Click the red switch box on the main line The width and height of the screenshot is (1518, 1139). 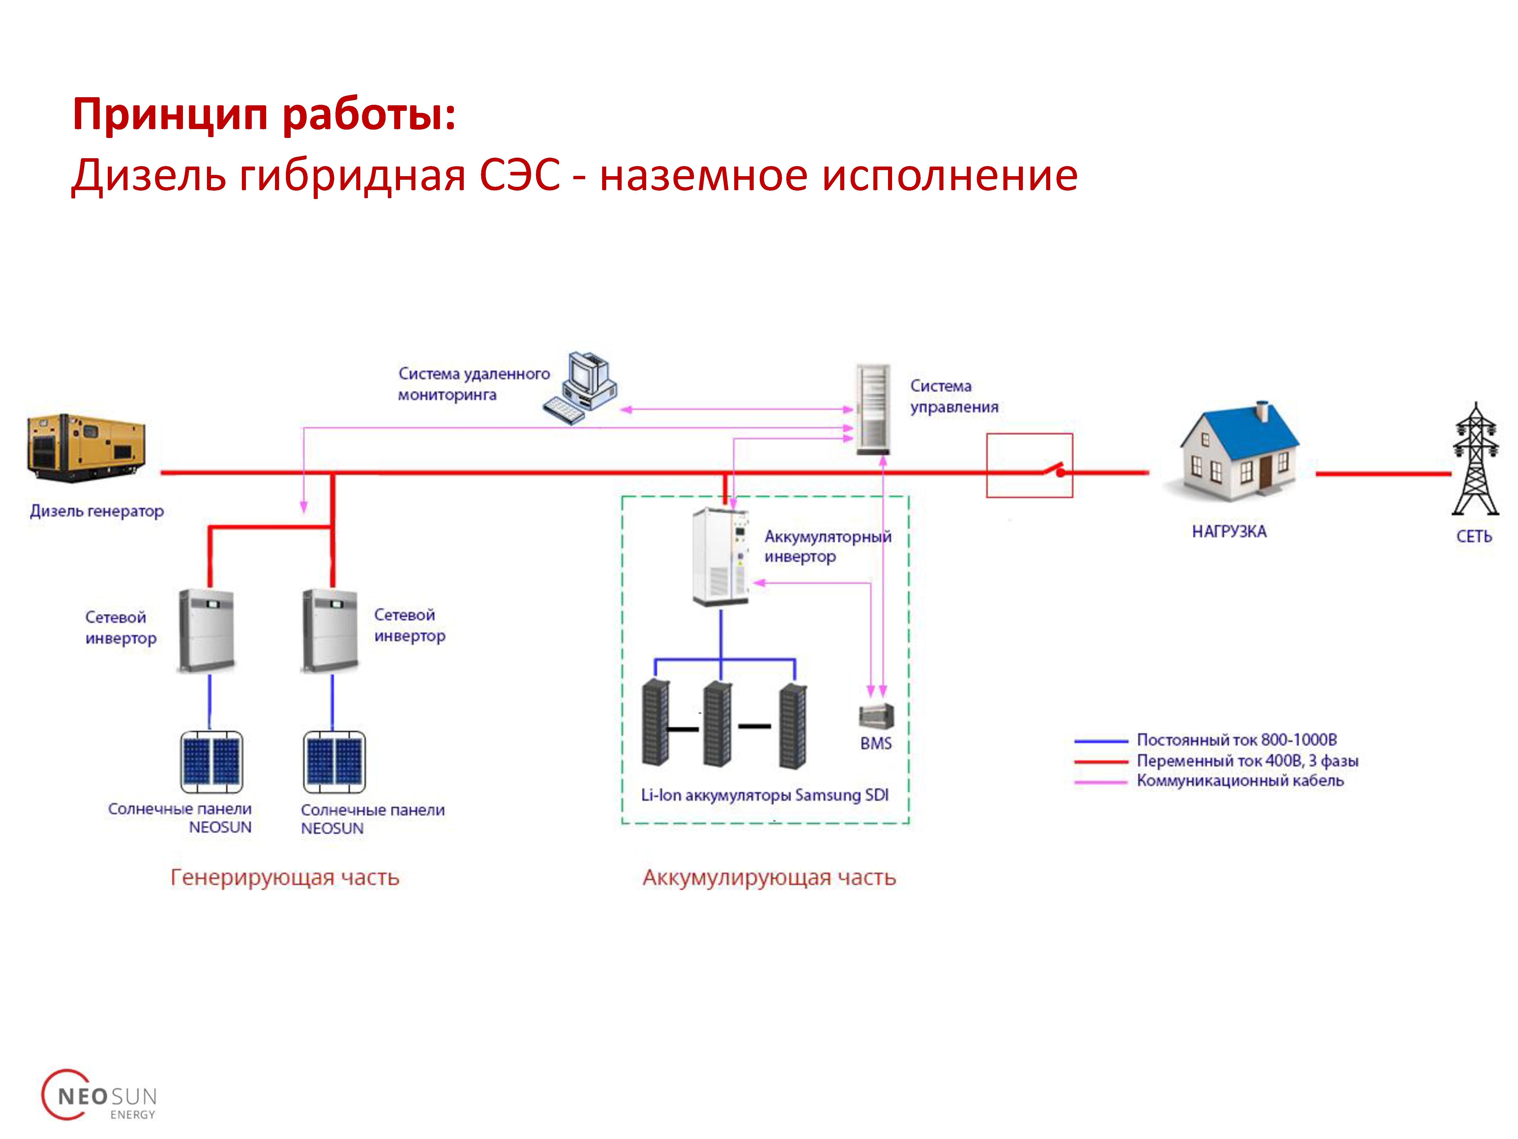[x=1029, y=465]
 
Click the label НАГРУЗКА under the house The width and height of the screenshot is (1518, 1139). [x=1229, y=531]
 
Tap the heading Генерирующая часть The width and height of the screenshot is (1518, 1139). [x=285, y=878]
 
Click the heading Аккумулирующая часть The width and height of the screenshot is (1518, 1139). [x=769, y=878]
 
